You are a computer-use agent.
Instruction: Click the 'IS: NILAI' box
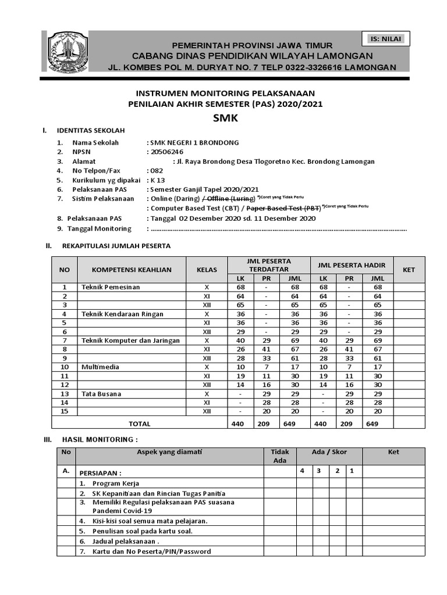tap(385, 39)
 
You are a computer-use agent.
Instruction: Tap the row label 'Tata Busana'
tap(101, 394)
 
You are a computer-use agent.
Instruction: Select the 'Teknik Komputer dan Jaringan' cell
tap(130, 340)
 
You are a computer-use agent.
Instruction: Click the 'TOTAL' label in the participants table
tap(139, 424)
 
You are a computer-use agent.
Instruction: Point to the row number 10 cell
tap(66, 367)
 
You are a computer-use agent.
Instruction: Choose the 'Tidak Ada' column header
tap(280, 456)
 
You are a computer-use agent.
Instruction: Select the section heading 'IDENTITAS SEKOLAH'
tap(90, 130)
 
